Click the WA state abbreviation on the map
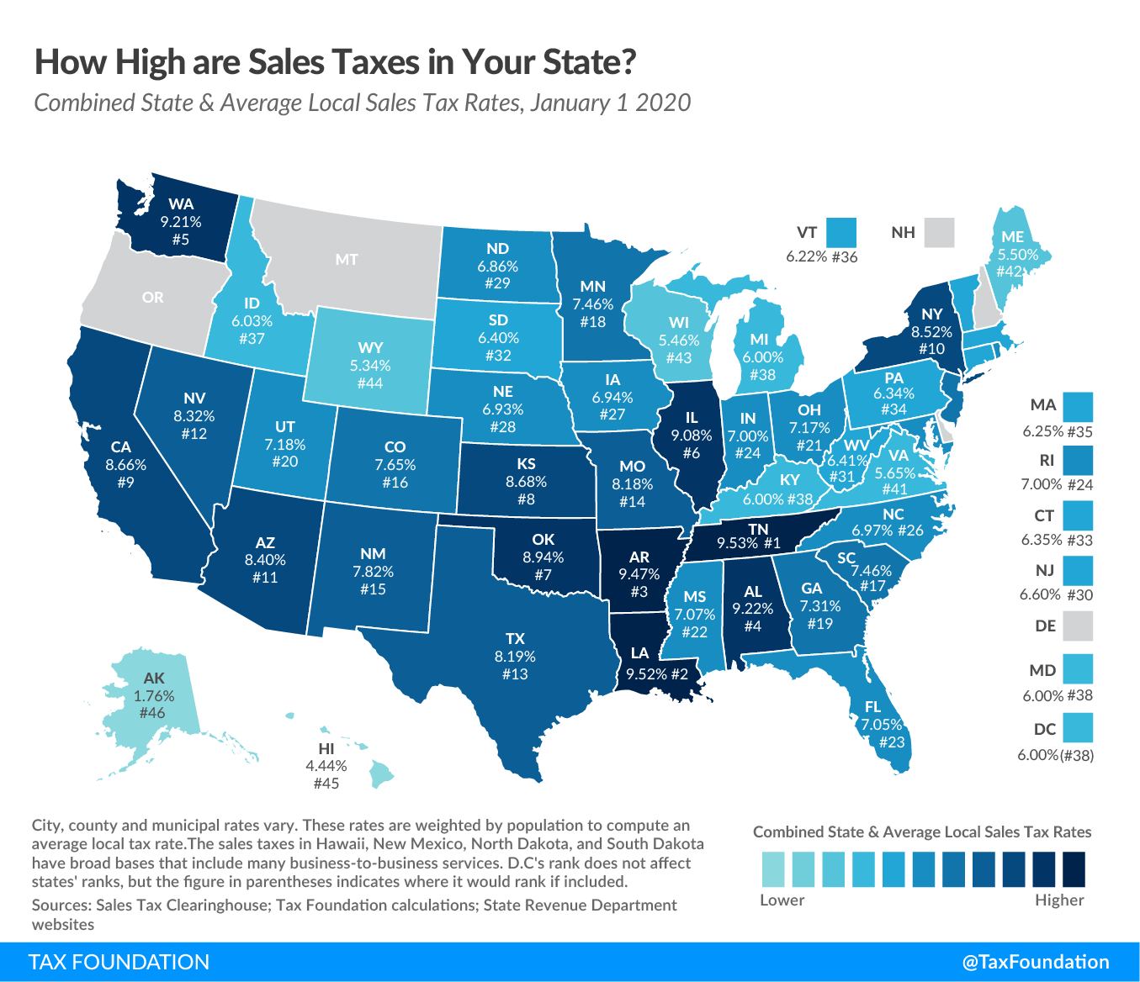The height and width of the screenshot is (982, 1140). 181,203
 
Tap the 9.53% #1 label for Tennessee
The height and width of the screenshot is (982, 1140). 748,543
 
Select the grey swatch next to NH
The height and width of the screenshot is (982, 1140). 939,232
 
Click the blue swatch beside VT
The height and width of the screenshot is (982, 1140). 840,232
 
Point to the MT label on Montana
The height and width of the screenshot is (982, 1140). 347,260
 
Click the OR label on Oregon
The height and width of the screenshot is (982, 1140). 153,298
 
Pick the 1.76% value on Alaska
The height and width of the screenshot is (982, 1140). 154,696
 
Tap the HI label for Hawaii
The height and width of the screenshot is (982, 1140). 326,748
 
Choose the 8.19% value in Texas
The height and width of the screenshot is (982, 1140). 515,657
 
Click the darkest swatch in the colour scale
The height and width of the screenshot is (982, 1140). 1074,869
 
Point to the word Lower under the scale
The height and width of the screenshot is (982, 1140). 782,900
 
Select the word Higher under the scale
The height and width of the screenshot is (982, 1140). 1059,900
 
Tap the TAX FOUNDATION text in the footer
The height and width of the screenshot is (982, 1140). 119,962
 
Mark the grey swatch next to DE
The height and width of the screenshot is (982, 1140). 1078,626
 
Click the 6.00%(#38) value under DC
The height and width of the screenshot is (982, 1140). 1055,755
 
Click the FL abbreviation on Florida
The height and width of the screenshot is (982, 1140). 872,707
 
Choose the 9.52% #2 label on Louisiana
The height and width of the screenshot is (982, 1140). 656,673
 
